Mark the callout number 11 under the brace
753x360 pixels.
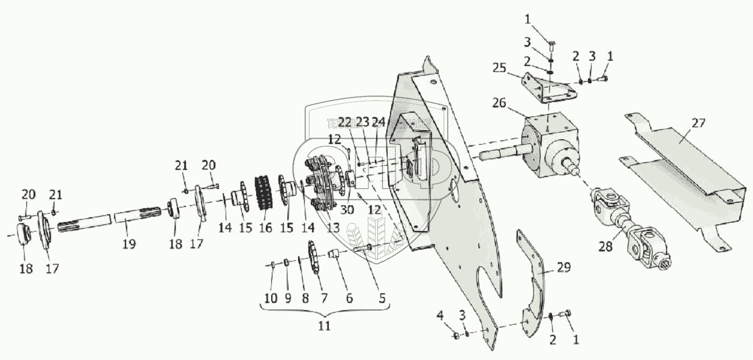pyautogui.click(x=325, y=327)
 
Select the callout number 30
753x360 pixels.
pyautogui.click(x=347, y=210)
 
